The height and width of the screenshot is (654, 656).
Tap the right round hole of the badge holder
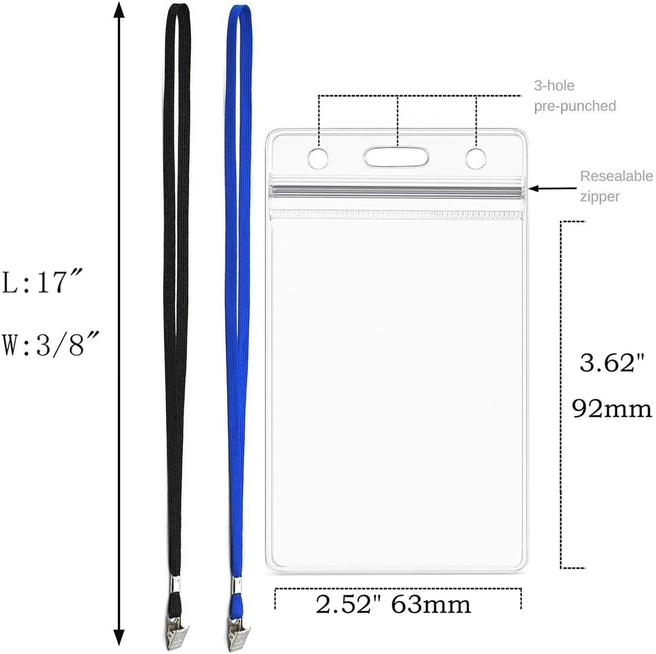(x=475, y=158)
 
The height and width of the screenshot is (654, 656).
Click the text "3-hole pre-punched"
(x=574, y=96)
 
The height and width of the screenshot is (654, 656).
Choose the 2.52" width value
(x=350, y=605)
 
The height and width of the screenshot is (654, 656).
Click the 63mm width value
(x=431, y=605)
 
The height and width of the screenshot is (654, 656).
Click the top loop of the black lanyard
(x=176, y=12)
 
